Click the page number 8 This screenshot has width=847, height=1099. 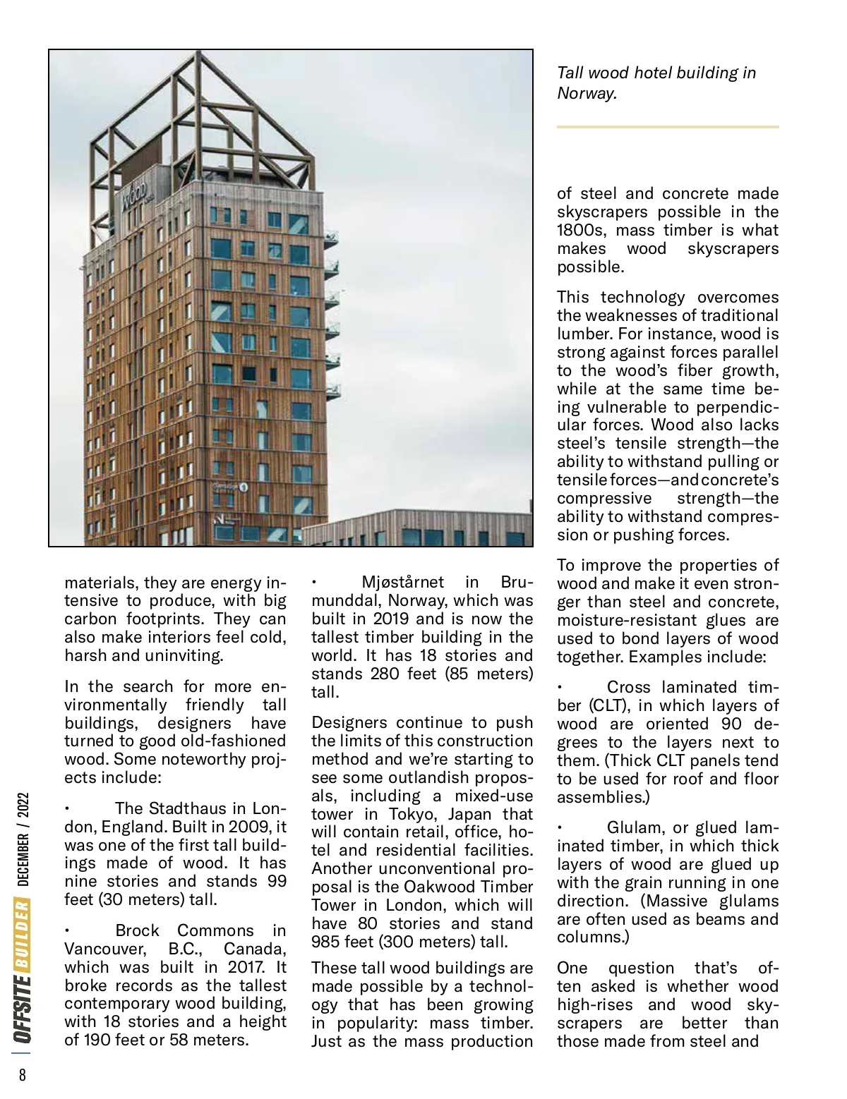(x=22, y=1074)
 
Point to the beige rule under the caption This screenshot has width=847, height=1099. (x=667, y=127)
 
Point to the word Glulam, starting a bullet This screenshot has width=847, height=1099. (x=633, y=827)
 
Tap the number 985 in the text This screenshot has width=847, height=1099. (x=327, y=942)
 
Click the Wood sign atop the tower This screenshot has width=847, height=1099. (x=134, y=193)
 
